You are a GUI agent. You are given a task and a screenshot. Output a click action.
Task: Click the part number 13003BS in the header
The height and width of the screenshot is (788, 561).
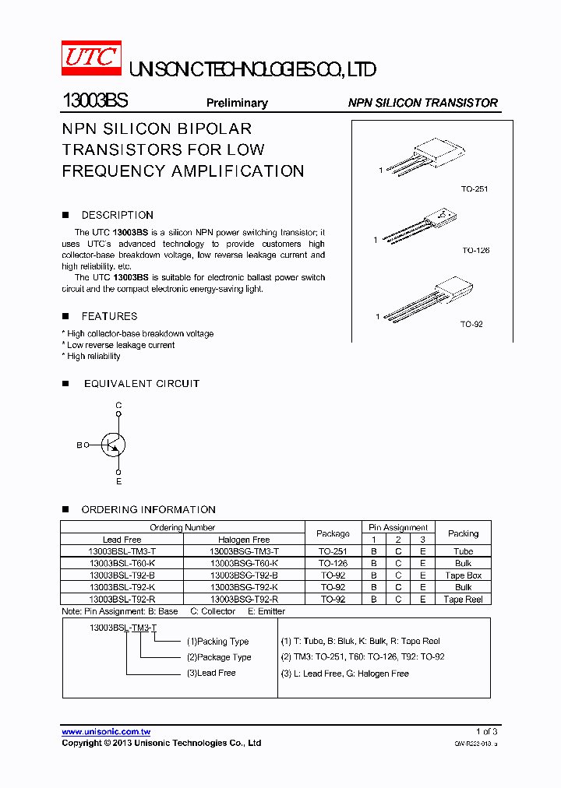(94, 102)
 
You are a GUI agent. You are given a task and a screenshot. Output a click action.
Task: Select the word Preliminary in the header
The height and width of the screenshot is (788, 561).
(237, 103)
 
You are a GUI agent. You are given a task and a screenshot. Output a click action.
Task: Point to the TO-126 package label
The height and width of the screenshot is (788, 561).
(475, 251)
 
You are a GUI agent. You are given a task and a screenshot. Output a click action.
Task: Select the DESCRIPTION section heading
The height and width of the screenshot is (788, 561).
(117, 215)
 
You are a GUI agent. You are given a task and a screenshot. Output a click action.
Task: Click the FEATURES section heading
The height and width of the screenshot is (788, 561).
(109, 316)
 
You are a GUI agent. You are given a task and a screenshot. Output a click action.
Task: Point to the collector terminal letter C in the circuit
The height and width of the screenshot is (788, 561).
(118, 406)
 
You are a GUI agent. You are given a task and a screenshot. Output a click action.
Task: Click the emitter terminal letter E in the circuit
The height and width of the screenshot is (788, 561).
(118, 481)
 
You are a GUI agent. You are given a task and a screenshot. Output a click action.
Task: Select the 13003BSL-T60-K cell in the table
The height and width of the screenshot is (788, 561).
(122, 563)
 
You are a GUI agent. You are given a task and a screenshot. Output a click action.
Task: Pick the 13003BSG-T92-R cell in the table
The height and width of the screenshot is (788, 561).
(244, 599)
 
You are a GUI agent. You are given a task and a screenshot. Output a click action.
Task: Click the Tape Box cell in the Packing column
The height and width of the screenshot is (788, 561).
(463, 575)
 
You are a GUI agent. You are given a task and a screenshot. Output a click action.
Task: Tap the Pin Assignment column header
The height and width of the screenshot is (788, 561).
(398, 527)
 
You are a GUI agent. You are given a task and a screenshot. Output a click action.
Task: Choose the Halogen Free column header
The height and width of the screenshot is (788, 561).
(244, 539)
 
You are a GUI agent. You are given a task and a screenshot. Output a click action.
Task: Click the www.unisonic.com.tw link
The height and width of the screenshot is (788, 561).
(106, 731)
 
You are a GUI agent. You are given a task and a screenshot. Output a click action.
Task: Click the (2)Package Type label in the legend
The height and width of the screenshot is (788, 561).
(219, 657)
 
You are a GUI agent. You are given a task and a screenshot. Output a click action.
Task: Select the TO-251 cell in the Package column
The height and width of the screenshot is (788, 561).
(333, 551)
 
